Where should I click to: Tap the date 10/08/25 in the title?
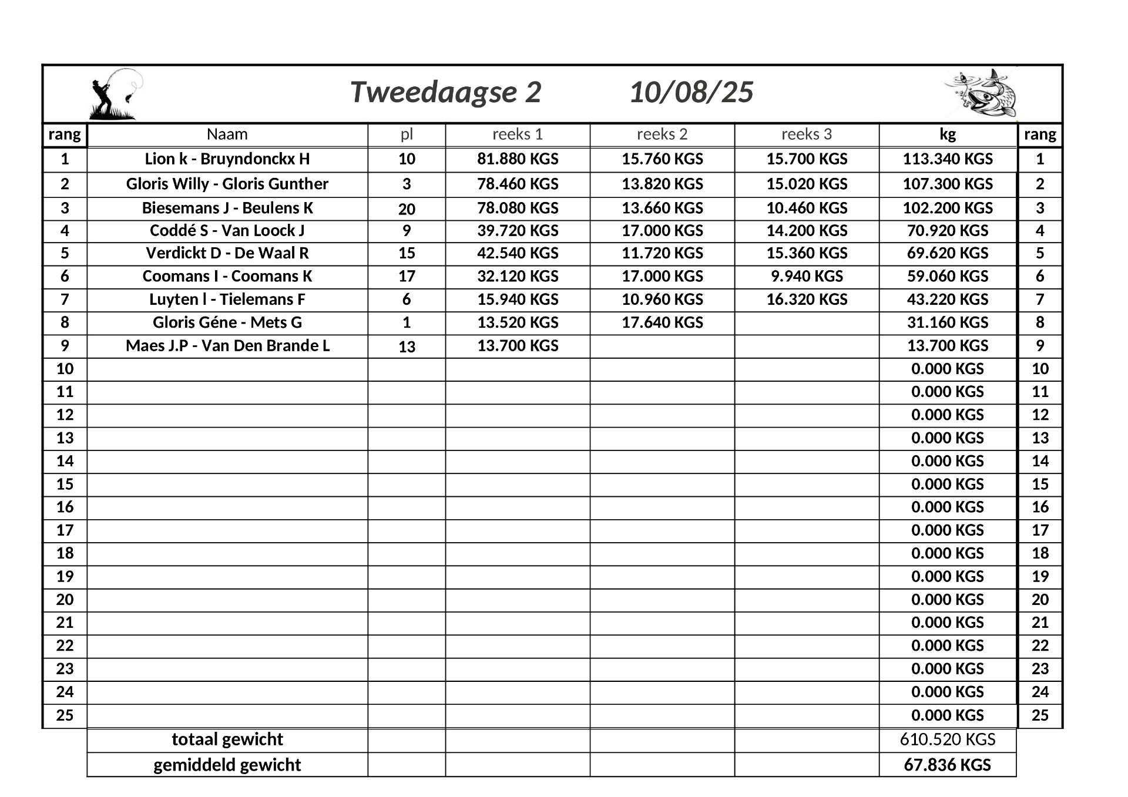coord(691,93)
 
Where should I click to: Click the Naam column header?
coord(227,134)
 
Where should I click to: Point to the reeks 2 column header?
coord(662,134)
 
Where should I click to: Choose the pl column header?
coord(407,134)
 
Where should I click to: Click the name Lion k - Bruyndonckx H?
coord(227,159)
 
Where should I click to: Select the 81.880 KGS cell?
coord(518,159)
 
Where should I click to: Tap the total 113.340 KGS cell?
coord(948,159)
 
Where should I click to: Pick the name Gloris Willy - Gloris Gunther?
coord(227,184)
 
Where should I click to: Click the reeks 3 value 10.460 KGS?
coord(807,208)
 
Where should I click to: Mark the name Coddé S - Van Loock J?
coord(227,231)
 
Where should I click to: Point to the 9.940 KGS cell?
coord(807,276)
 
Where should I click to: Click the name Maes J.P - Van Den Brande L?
coord(227,345)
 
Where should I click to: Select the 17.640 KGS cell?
coord(662,322)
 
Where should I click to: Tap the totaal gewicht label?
coord(227,739)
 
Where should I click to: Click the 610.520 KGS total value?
coord(948,739)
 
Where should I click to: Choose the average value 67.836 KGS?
coord(948,765)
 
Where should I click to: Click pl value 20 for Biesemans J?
coord(407,209)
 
